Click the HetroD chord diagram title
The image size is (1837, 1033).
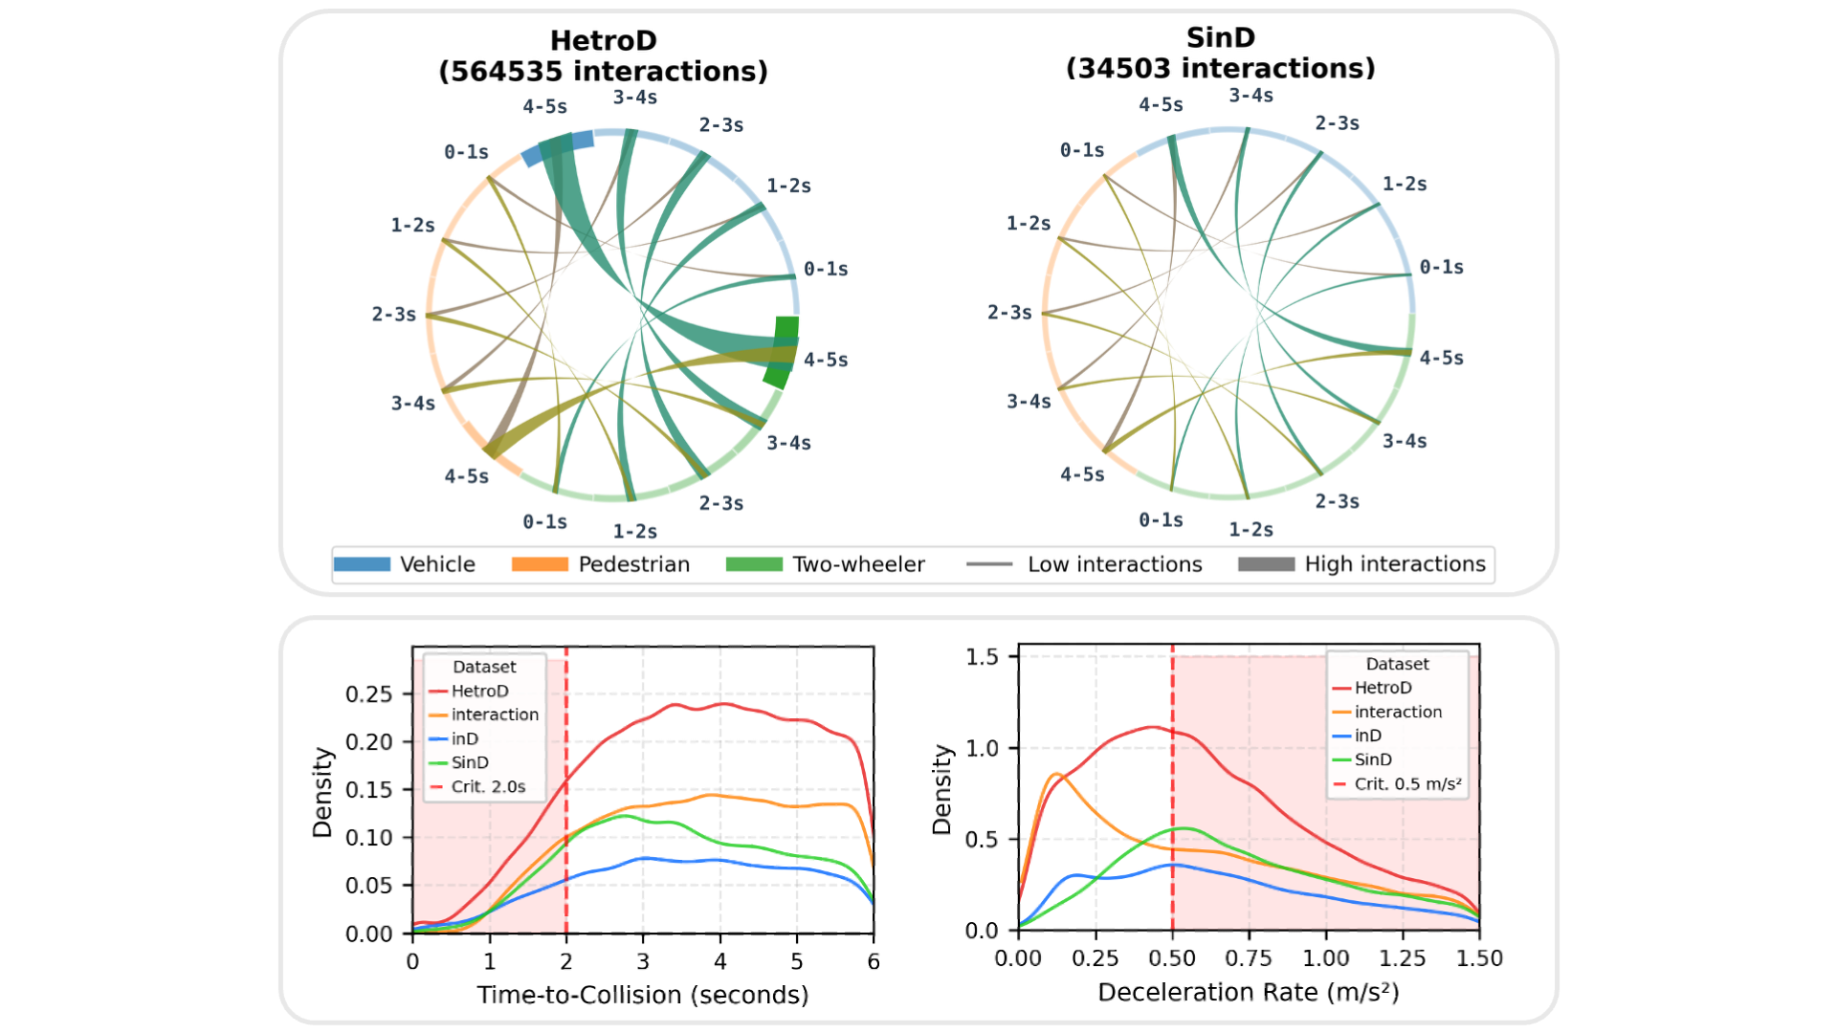[x=603, y=55]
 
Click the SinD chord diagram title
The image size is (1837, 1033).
[x=1220, y=53]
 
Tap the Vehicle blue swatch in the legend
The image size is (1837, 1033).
[x=362, y=564]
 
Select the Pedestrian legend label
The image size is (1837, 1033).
[x=633, y=564]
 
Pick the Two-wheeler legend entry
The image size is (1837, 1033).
[x=858, y=564]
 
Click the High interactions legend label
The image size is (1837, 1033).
[x=1394, y=564]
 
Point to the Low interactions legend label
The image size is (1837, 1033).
[x=1114, y=564]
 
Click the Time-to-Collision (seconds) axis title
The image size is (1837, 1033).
[x=642, y=995]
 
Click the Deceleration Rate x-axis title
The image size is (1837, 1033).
[x=1248, y=992]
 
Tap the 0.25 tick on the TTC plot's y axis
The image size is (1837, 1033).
[x=368, y=694]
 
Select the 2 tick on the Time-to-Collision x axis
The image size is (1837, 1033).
[x=566, y=962]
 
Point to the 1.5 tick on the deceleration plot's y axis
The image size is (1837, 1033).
[x=982, y=657]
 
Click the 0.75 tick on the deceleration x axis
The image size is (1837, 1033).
[x=1249, y=958]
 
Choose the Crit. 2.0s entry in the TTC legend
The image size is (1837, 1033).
[x=488, y=786]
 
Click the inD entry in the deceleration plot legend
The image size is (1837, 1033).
[x=1367, y=736]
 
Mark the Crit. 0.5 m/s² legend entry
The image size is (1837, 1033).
[x=1406, y=783]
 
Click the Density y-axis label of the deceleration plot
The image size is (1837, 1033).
[x=942, y=790]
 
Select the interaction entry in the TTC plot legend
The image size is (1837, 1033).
[x=494, y=714]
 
